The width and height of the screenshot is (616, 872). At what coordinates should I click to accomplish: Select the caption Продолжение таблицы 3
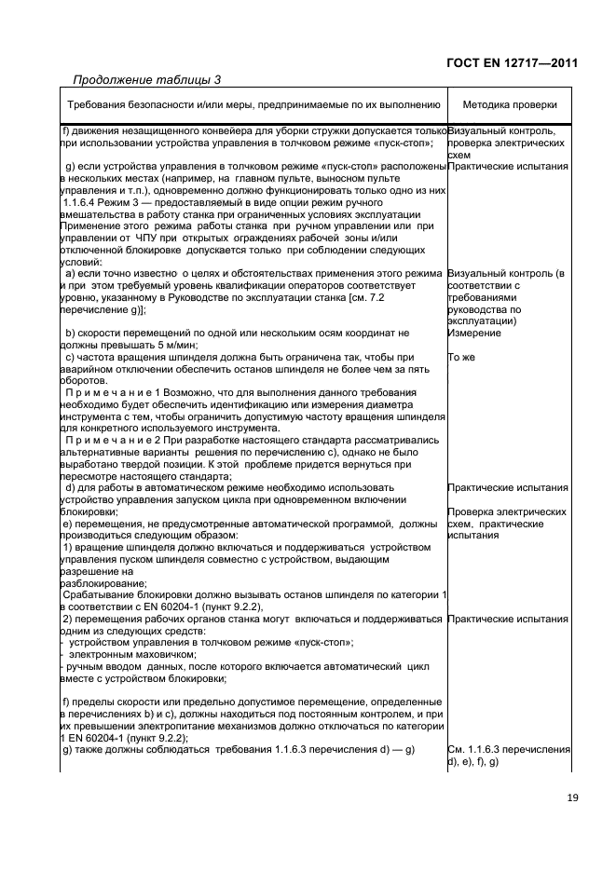[146, 79]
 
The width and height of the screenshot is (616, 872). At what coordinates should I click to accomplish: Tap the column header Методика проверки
[510, 105]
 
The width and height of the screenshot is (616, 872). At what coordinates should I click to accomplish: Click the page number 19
[570, 797]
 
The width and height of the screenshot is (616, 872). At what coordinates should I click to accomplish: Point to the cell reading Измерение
[473, 333]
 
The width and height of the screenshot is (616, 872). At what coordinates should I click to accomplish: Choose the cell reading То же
[462, 357]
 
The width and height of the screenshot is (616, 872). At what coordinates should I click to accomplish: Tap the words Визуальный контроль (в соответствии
[506, 274]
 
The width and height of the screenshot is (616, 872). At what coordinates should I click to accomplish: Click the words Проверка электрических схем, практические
[508, 518]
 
